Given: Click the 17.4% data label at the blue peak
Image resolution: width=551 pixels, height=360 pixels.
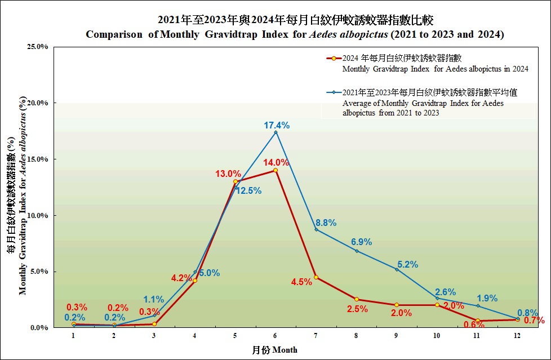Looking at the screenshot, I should point(277,125).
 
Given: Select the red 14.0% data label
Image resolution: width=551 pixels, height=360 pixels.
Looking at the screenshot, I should point(277,162).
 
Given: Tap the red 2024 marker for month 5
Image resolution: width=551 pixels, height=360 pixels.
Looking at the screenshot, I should point(235,181).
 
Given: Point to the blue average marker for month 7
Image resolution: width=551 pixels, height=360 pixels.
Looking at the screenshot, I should point(316,229).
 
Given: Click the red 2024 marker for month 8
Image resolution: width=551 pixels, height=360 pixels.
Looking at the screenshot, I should point(357,299).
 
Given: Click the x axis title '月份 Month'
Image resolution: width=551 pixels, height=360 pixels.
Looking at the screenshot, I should point(274,350).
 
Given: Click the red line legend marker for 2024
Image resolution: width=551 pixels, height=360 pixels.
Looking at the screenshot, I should point(333,58).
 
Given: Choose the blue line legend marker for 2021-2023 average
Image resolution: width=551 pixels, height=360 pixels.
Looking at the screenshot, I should point(333,93).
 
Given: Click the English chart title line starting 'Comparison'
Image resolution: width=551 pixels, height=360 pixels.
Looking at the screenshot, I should point(295,35).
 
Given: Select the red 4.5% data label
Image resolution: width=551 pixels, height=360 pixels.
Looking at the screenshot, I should point(301,282).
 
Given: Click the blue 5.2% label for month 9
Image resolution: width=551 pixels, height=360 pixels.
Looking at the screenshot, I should point(407,264).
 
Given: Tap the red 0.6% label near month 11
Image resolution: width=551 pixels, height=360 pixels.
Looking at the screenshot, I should point(470,325).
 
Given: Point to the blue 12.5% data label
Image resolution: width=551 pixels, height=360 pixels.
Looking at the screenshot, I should point(248,191).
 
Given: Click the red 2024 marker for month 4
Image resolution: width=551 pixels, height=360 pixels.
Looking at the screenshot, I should point(195,281).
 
